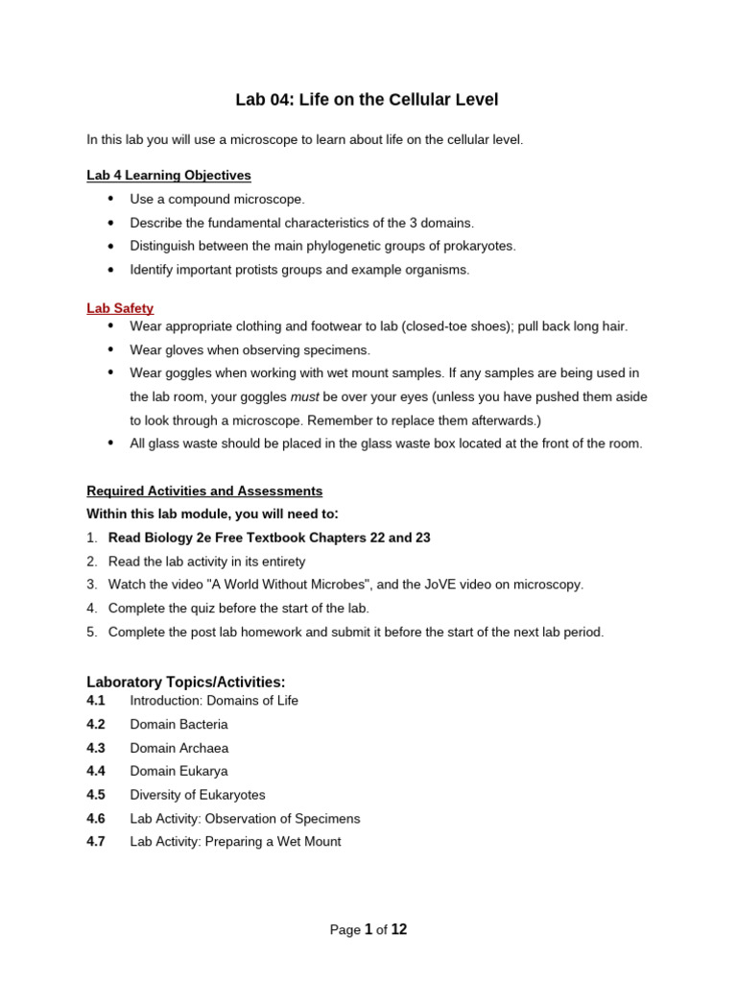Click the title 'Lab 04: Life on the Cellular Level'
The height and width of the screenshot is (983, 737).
[368, 100]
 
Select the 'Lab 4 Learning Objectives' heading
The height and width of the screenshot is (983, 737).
[169, 176]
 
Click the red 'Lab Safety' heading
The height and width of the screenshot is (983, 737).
[120, 308]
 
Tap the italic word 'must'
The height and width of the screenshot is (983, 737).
[304, 396]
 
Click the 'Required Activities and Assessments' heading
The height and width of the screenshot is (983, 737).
[204, 491]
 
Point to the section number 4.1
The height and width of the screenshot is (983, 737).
[96, 701]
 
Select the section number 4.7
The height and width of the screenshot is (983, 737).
[96, 842]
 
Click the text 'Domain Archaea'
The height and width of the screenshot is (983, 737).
[178, 748]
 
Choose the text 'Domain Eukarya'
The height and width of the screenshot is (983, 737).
[178, 771]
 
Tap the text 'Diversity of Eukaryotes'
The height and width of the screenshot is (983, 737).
[198, 795]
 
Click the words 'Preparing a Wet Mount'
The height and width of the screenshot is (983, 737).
[273, 842]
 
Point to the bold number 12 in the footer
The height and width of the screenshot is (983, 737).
[398, 929]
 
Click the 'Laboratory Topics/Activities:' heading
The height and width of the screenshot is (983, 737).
[186, 682]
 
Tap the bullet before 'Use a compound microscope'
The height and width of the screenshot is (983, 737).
[110, 199]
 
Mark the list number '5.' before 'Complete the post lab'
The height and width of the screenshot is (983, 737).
[92, 632]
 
